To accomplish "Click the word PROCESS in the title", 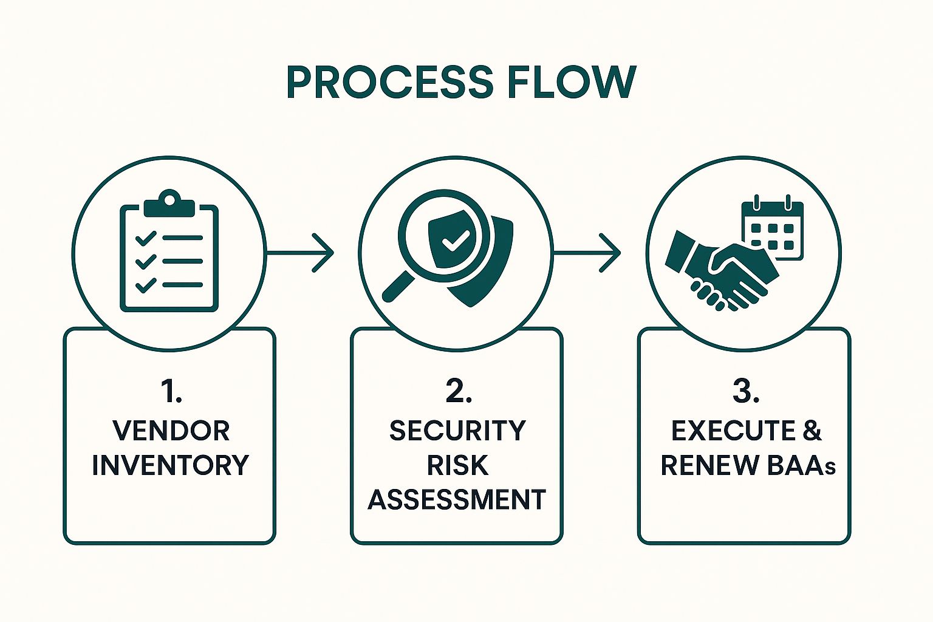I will [x=389, y=82].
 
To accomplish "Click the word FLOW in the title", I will [x=571, y=82].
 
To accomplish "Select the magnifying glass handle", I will [x=397, y=286].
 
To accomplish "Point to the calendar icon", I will [x=772, y=228].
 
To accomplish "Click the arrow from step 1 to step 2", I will [x=301, y=252].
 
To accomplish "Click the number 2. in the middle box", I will [x=458, y=392].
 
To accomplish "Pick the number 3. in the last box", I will [x=745, y=392].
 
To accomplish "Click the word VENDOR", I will [x=171, y=431].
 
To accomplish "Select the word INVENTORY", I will [x=171, y=465].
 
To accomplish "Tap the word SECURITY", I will [x=457, y=431].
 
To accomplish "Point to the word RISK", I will [x=457, y=465].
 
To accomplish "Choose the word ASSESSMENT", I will [x=457, y=500].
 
